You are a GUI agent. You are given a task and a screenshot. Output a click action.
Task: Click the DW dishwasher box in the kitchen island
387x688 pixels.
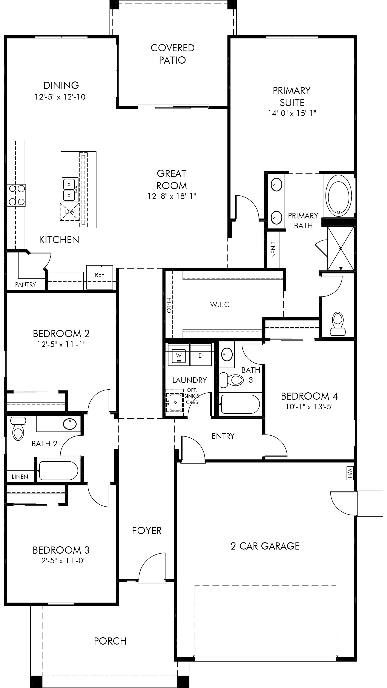[70, 212]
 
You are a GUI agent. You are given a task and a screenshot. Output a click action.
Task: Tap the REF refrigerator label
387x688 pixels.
[99, 275]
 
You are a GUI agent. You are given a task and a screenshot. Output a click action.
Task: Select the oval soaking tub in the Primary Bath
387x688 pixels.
[339, 196]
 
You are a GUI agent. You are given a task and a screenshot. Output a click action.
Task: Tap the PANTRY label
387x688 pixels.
[25, 284]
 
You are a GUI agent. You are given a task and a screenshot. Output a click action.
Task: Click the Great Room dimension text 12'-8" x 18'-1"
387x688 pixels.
[172, 196]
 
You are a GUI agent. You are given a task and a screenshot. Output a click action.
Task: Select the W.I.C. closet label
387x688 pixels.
[221, 304]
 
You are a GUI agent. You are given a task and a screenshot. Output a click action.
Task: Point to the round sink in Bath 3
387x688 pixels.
[227, 354]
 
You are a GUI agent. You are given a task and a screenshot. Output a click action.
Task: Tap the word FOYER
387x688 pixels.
[147, 531]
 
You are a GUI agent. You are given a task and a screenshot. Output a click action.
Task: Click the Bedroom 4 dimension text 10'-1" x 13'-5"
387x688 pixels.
[309, 407]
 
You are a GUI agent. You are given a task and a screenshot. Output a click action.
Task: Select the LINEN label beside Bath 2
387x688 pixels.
[20, 477]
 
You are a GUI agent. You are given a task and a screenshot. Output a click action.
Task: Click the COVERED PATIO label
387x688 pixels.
[172, 54]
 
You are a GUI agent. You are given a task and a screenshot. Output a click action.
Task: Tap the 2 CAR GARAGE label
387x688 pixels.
[265, 546]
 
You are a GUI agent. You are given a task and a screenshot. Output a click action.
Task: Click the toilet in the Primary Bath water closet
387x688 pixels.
[338, 324]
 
